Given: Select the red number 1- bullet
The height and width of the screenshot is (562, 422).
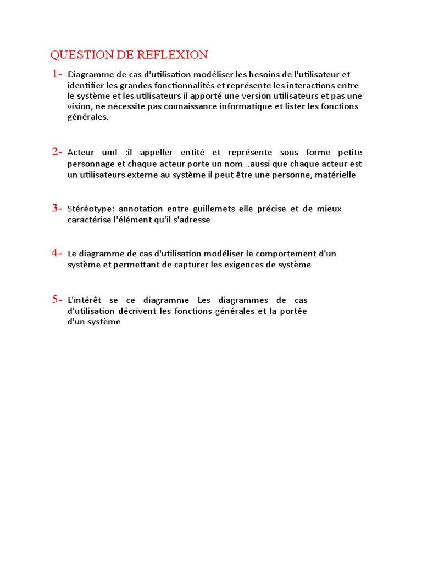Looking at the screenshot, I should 57,74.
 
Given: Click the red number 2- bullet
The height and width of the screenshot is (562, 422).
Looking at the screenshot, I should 57,151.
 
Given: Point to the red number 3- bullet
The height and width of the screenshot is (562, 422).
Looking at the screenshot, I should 57,208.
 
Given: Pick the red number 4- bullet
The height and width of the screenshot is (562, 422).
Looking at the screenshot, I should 57,253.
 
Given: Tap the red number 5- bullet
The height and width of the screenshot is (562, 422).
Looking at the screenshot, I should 57,299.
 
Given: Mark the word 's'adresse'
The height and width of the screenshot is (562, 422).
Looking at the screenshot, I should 192,220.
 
